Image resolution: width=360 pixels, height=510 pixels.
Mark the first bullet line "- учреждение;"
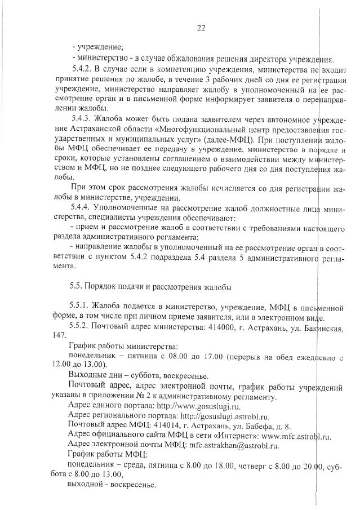[x=98, y=47]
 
